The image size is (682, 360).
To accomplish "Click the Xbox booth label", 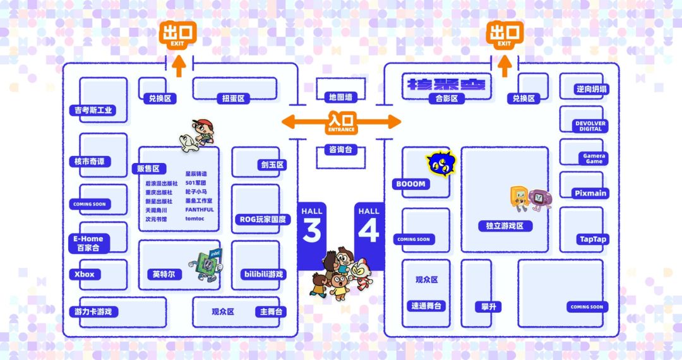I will point(84,274).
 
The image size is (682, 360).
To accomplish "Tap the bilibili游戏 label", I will point(263,274).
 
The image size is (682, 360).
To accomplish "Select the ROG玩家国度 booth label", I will point(263,219).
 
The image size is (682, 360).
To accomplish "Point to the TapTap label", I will point(592,239).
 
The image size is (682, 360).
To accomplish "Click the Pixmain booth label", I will point(590,193).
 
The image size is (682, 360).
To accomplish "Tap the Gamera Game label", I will point(593,158).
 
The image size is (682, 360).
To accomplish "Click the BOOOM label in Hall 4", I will point(411,184).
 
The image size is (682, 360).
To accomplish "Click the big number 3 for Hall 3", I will point(312,231).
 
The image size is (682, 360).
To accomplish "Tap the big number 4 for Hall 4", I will point(369,231).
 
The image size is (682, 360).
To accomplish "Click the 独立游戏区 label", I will point(505,225).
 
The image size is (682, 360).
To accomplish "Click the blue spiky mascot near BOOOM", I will point(440,164).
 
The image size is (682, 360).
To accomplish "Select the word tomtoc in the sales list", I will point(196,219).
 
